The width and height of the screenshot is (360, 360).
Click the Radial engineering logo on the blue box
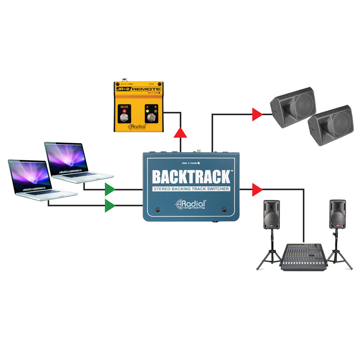[x=191, y=204]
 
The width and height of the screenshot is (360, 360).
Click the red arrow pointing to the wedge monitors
[x=257, y=114]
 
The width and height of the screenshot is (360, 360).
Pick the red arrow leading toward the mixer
[x=257, y=188]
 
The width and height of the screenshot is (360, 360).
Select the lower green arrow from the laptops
[x=110, y=206]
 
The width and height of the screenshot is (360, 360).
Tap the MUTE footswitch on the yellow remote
[x=124, y=118]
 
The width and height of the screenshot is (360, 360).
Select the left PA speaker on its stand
[x=271, y=215]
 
